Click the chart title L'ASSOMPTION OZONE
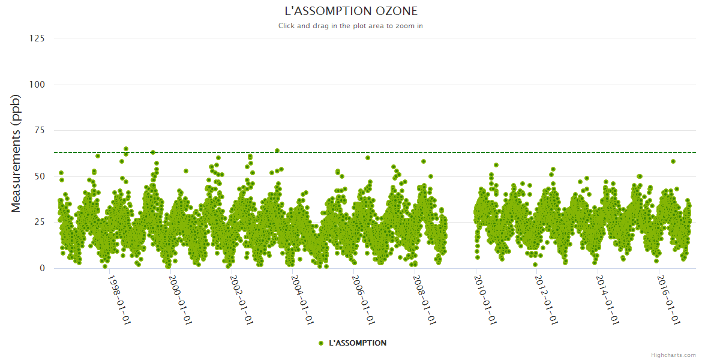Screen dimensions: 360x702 coord(350,11)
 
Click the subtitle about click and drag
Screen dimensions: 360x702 coord(350,26)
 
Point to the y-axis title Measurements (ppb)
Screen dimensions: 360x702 coord(16,154)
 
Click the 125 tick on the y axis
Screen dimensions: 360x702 coord(37,38)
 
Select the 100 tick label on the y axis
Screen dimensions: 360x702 coord(37,85)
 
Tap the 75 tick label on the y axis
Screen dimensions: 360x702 coord(39,130)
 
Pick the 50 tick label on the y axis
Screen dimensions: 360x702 coord(39,176)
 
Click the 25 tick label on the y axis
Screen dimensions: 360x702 coord(39,223)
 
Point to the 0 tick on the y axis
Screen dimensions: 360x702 coord(41,268)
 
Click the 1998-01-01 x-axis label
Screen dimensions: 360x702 coord(119,299)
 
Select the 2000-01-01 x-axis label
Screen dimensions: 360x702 coord(180,299)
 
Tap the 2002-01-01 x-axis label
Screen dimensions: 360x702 coord(241,299)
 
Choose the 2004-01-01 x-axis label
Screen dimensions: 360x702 coord(302,299)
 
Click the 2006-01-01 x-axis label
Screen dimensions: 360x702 coord(363,299)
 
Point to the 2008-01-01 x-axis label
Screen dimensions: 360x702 coord(424,299)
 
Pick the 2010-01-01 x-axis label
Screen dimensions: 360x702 coord(485,299)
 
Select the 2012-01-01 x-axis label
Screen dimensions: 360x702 coord(546,299)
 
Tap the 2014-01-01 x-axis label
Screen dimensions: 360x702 coord(607,299)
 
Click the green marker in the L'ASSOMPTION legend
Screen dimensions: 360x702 coord(321,343)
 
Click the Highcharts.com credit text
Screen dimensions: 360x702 coord(673,355)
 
